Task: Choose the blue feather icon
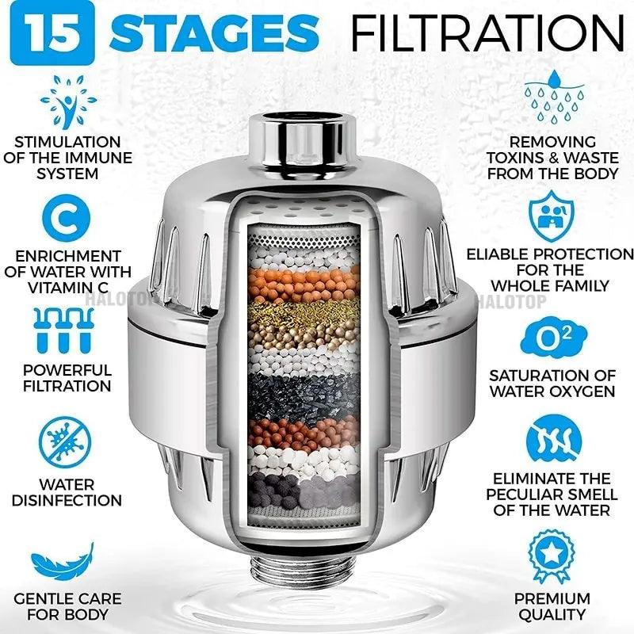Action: pos(65,563)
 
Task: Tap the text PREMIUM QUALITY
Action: pos(552,606)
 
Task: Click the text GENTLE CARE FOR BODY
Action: pos(67,606)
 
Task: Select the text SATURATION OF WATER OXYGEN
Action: pos(552,383)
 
